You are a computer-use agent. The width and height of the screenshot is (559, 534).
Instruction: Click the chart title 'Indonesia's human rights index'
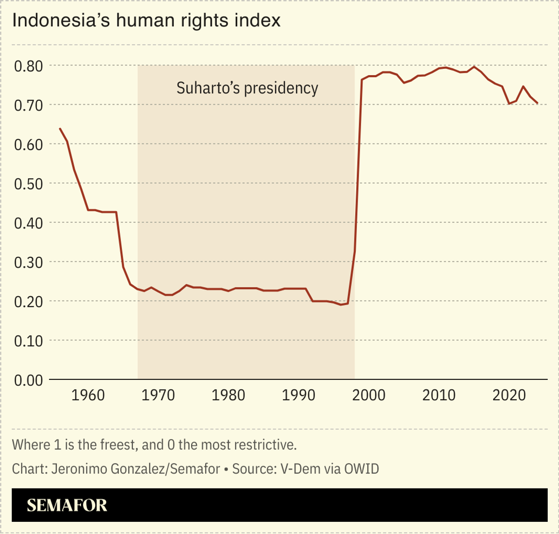(146, 20)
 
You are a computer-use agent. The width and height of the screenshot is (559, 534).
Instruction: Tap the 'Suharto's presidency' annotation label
(247, 88)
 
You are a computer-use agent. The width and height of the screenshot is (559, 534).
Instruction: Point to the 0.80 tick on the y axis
(29, 65)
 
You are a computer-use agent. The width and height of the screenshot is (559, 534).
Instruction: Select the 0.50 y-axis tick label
(29, 184)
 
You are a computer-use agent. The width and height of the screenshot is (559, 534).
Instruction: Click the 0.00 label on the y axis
(29, 380)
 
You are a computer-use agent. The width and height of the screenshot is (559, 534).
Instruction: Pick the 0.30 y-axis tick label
(29, 262)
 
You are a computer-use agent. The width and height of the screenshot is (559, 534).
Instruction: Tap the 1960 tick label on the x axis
(88, 395)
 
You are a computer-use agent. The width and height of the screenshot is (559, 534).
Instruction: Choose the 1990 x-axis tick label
(298, 395)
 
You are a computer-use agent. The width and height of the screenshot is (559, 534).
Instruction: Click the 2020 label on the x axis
(509, 395)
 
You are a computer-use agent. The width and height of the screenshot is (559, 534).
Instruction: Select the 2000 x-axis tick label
(369, 395)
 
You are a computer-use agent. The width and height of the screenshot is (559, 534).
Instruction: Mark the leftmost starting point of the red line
(60, 128)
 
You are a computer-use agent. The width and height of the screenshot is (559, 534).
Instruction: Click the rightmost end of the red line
(537, 103)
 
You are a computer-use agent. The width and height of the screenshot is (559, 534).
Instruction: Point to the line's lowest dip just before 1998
(341, 305)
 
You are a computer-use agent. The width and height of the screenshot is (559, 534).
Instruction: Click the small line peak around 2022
(523, 86)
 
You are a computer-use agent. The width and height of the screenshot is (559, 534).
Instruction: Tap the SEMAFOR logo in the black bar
(67, 505)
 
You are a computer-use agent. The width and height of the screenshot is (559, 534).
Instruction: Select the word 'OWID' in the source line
(362, 469)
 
